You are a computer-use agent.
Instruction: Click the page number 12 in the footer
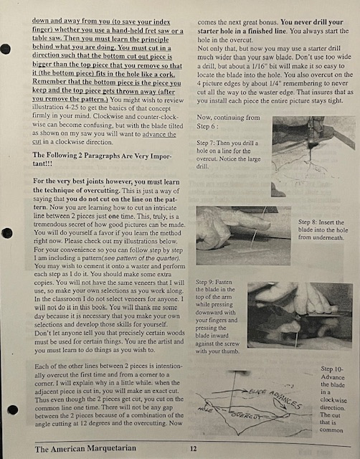[193, 448]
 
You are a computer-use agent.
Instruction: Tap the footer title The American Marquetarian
[85, 448]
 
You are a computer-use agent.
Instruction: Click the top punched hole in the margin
[6, 49]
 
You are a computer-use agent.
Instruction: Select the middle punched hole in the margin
[7, 233]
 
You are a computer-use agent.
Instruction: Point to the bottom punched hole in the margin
[13, 410]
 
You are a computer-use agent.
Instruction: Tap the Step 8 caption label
[308, 222]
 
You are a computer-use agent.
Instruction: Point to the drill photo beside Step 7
[313, 156]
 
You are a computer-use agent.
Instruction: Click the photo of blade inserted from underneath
[244, 236]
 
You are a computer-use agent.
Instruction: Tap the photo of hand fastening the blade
[300, 316]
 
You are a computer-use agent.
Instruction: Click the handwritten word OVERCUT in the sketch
[246, 415]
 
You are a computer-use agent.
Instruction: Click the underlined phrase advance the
[159, 134]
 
